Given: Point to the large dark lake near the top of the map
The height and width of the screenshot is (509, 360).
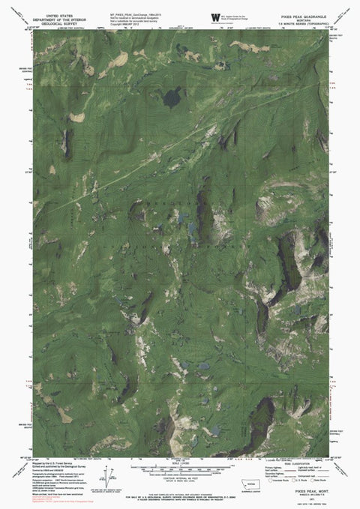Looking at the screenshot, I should click(x=172, y=97).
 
